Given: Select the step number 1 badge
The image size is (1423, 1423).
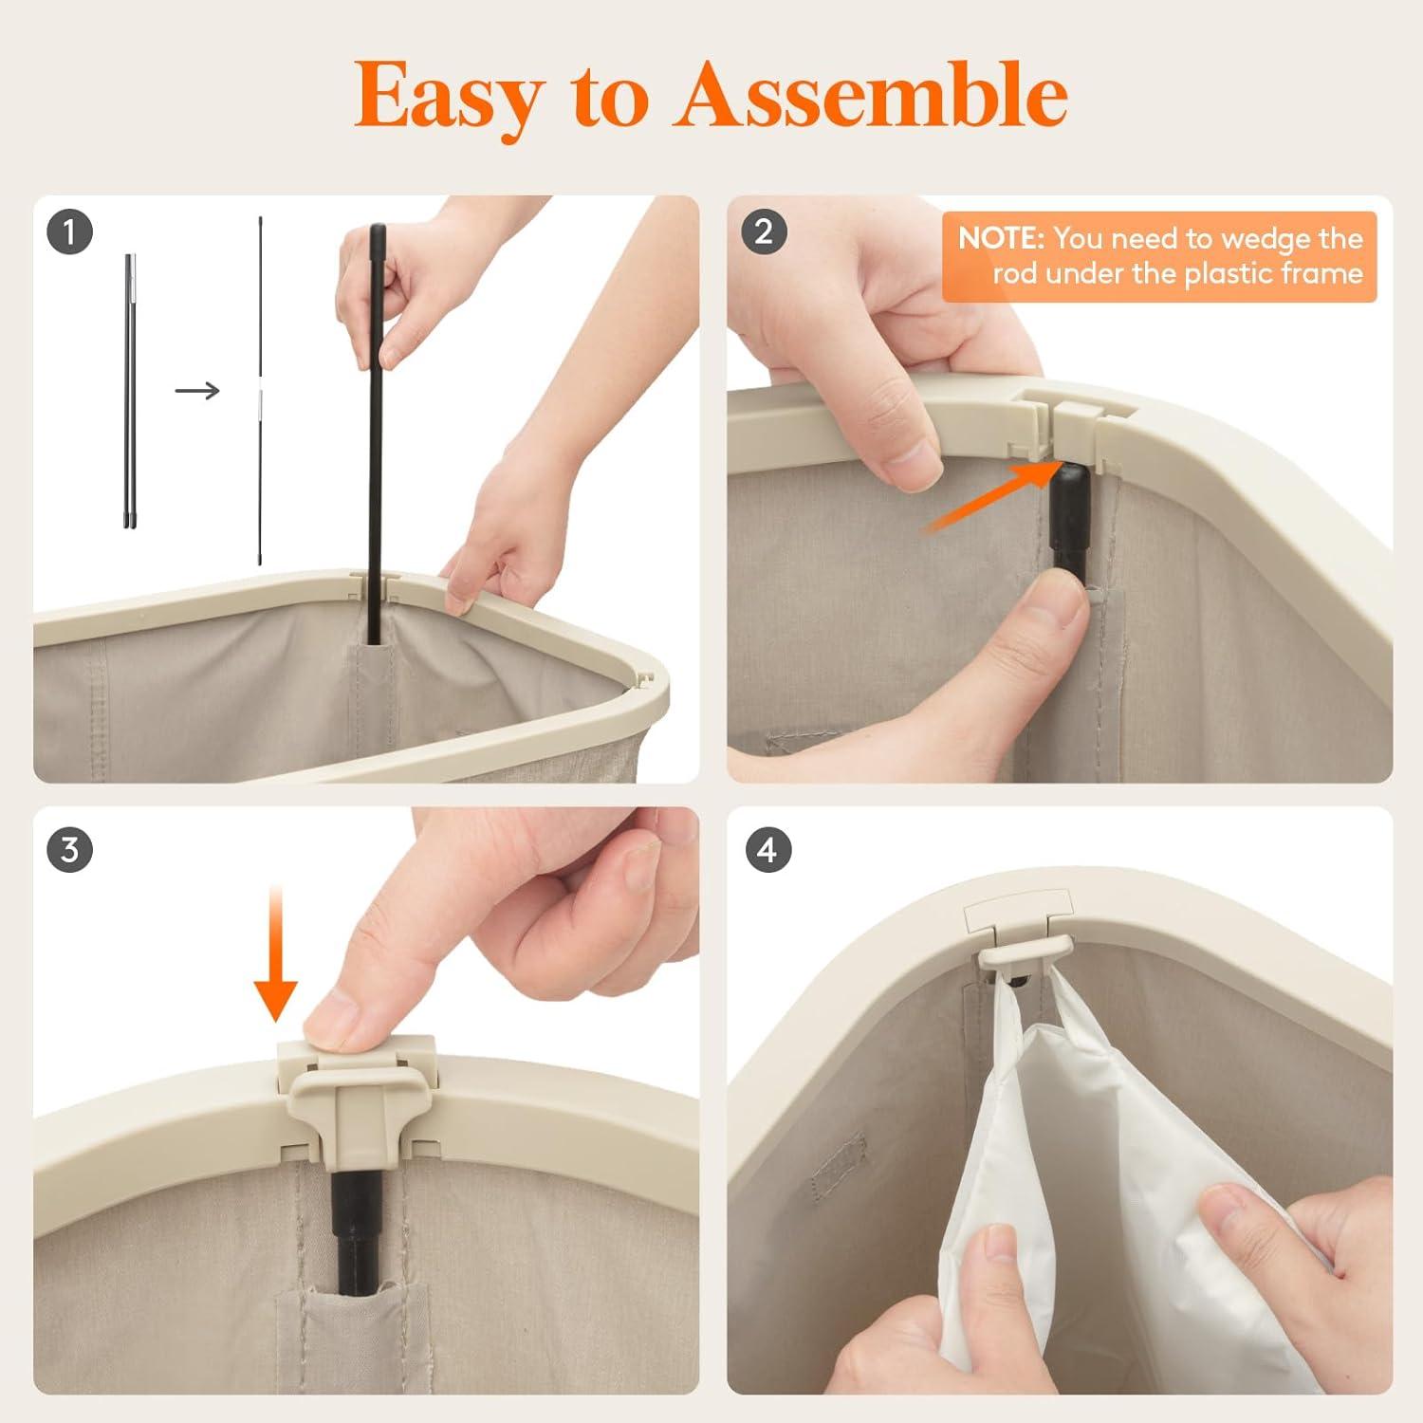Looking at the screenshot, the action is pos(69,231).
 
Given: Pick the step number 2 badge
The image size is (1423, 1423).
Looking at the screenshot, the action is pos(764,231).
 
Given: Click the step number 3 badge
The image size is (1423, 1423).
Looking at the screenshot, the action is pos(69,849).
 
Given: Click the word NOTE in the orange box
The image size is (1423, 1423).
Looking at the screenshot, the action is pos(1001,237).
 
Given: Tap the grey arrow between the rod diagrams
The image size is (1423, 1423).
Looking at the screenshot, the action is pos(197,390).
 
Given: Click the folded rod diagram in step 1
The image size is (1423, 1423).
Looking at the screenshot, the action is pos(129,390).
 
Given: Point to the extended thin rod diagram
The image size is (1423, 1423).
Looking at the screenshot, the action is pos(260,391).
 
